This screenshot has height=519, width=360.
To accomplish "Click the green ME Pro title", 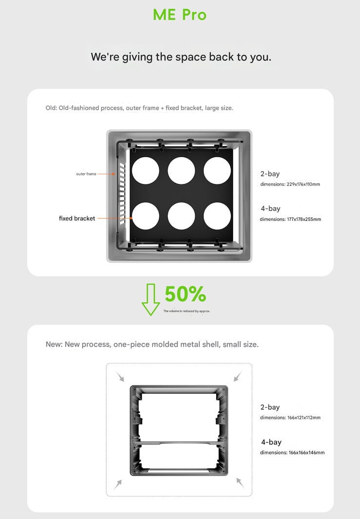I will [180, 15].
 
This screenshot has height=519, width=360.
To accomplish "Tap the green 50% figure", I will [185, 295].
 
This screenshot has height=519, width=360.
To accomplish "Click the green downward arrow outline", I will [151, 299].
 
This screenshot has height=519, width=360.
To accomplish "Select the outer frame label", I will [86, 174].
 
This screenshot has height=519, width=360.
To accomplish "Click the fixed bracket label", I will [77, 219].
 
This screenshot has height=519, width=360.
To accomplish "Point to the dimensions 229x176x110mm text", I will [290, 184].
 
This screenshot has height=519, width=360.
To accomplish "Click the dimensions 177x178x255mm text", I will [290, 220].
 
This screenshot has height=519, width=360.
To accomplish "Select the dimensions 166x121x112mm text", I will [290, 418].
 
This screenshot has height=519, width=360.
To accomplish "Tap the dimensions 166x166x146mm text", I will [292, 453].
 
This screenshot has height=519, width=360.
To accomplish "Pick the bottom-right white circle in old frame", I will [217, 216].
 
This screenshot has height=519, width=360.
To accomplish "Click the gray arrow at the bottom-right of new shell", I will [240, 483].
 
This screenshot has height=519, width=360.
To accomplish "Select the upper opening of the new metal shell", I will [179, 414].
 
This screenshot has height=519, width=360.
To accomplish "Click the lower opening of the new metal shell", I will [179, 459].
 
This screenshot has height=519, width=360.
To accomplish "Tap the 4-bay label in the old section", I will [270, 209].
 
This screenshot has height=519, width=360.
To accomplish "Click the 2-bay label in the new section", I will [270, 407].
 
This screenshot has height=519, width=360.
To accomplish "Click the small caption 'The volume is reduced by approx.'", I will [186, 311].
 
